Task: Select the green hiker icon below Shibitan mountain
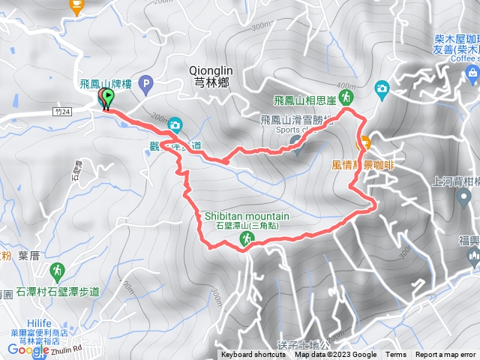(245, 238)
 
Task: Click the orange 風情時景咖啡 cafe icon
(365, 142)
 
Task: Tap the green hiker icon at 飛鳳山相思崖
(346, 97)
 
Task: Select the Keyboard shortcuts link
(253, 355)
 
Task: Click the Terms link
(396, 355)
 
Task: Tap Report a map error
(445, 355)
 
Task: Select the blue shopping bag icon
(472, 72)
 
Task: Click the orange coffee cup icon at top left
(75, 6)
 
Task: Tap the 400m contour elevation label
(346, 85)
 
